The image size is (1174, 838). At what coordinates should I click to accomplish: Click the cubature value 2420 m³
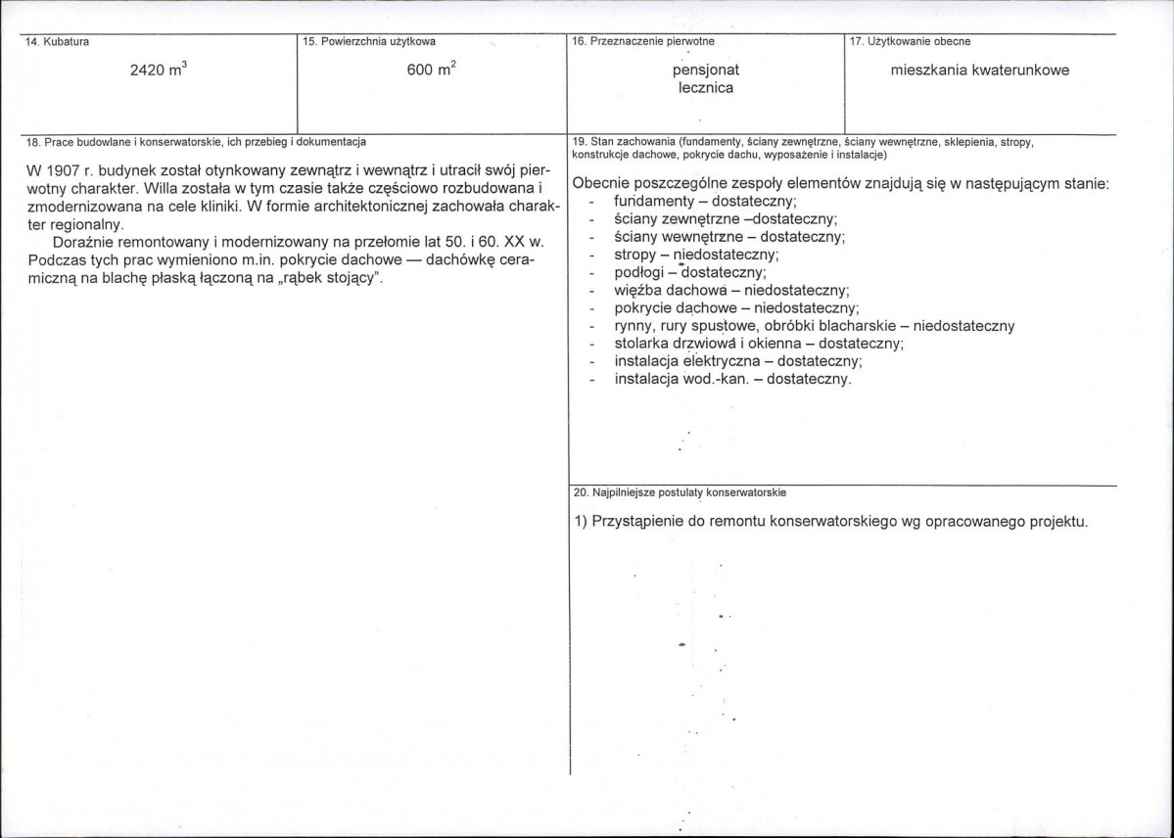159,70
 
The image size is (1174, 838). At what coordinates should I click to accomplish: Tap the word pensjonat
705,70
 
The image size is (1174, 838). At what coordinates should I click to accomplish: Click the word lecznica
705,88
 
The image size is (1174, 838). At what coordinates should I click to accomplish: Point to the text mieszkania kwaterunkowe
980,70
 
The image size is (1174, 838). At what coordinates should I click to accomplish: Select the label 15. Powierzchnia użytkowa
370,41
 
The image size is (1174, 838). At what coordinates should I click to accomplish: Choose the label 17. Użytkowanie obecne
911,41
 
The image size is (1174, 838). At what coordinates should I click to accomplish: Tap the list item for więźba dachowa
730,290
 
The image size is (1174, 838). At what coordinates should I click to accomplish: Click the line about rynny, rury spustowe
814,326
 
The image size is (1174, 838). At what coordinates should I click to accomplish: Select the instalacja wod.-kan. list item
732,379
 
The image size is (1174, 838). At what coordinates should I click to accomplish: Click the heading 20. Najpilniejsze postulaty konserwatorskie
681,492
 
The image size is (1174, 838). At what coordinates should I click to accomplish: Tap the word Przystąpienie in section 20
636,522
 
